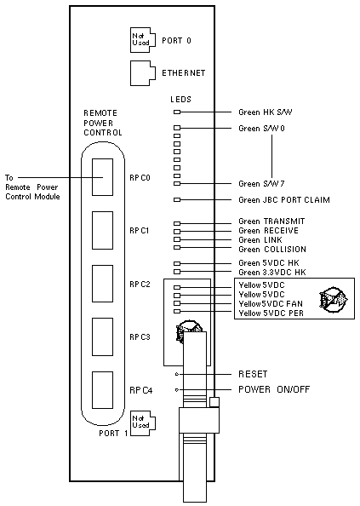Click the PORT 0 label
tap(176, 41)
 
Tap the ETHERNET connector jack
tap(142, 73)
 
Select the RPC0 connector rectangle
tap(102, 177)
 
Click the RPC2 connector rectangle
tap(102, 284)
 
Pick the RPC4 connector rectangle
tap(102, 390)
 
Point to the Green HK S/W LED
tap(177, 112)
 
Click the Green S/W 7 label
tap(261, 184)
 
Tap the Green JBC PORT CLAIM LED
tap(177, 199)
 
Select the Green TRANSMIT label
tap(271, 221)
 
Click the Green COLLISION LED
tap(177, 248)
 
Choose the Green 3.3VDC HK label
tap(272, 273)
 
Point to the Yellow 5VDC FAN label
tap(271, 303)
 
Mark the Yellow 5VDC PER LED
tap(177, 312)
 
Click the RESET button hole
tap(177, 374)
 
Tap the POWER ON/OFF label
tap(274, 389)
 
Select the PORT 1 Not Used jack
tap(142, 423)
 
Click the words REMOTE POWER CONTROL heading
tap(103, 123)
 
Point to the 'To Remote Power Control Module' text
tap(32, 187)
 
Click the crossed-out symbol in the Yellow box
tap(334, 299)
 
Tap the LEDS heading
tap(180, 100)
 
